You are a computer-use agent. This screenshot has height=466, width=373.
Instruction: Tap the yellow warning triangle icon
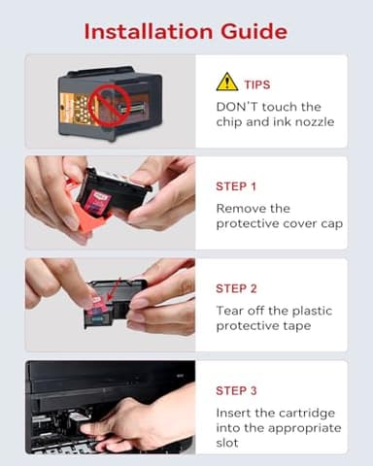coord(226,82)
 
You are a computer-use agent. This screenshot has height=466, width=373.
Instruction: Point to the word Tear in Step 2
coord(231,310)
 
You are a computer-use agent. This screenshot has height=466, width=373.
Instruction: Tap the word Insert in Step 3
coord(235,412)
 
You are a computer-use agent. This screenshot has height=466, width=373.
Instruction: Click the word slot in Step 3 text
coord(229,444)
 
